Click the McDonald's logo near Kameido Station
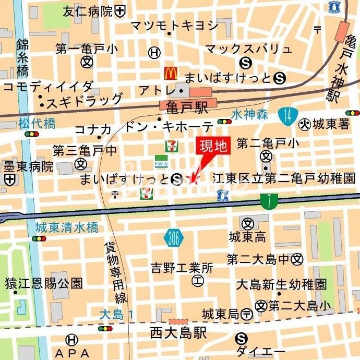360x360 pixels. [x=171, y=74]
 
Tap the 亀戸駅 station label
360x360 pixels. [x=183, y=107]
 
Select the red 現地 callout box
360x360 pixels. [x=213, y=146]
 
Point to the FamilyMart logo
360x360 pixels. [x=161, y=162]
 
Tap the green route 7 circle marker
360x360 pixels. [x=269, y=199]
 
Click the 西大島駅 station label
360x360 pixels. [x=178, y=333]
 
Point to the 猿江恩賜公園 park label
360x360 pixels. [x=44, y=284]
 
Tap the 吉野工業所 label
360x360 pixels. [x=182, y=269]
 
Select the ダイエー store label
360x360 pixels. [x=260, y=351]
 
